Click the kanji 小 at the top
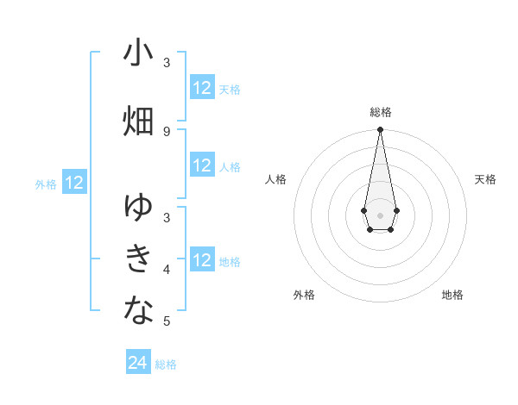(x=138, y=53)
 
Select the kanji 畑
(x=138, y=121)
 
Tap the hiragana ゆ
(x=138, y=208)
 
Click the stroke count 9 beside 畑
(x=167, y=131)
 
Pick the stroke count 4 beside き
(x=167, y=270)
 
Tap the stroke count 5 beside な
(x=167, y=321)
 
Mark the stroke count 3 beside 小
(x=167, y=63)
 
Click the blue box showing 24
(x=138, y=363)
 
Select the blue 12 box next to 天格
(x=202, y=88)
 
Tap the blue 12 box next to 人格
(x=202, y=165)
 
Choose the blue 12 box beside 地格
(x=202, y=260)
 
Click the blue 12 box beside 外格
(x=74, y=183)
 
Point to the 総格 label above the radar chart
(x=381, y=112)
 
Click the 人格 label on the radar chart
(x=275, y=179)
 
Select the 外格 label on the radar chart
(x=304, y=295)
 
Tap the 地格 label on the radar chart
(x=452, y=295)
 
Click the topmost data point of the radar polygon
(x=380, y=130)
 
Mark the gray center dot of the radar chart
(x=380, y=214)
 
